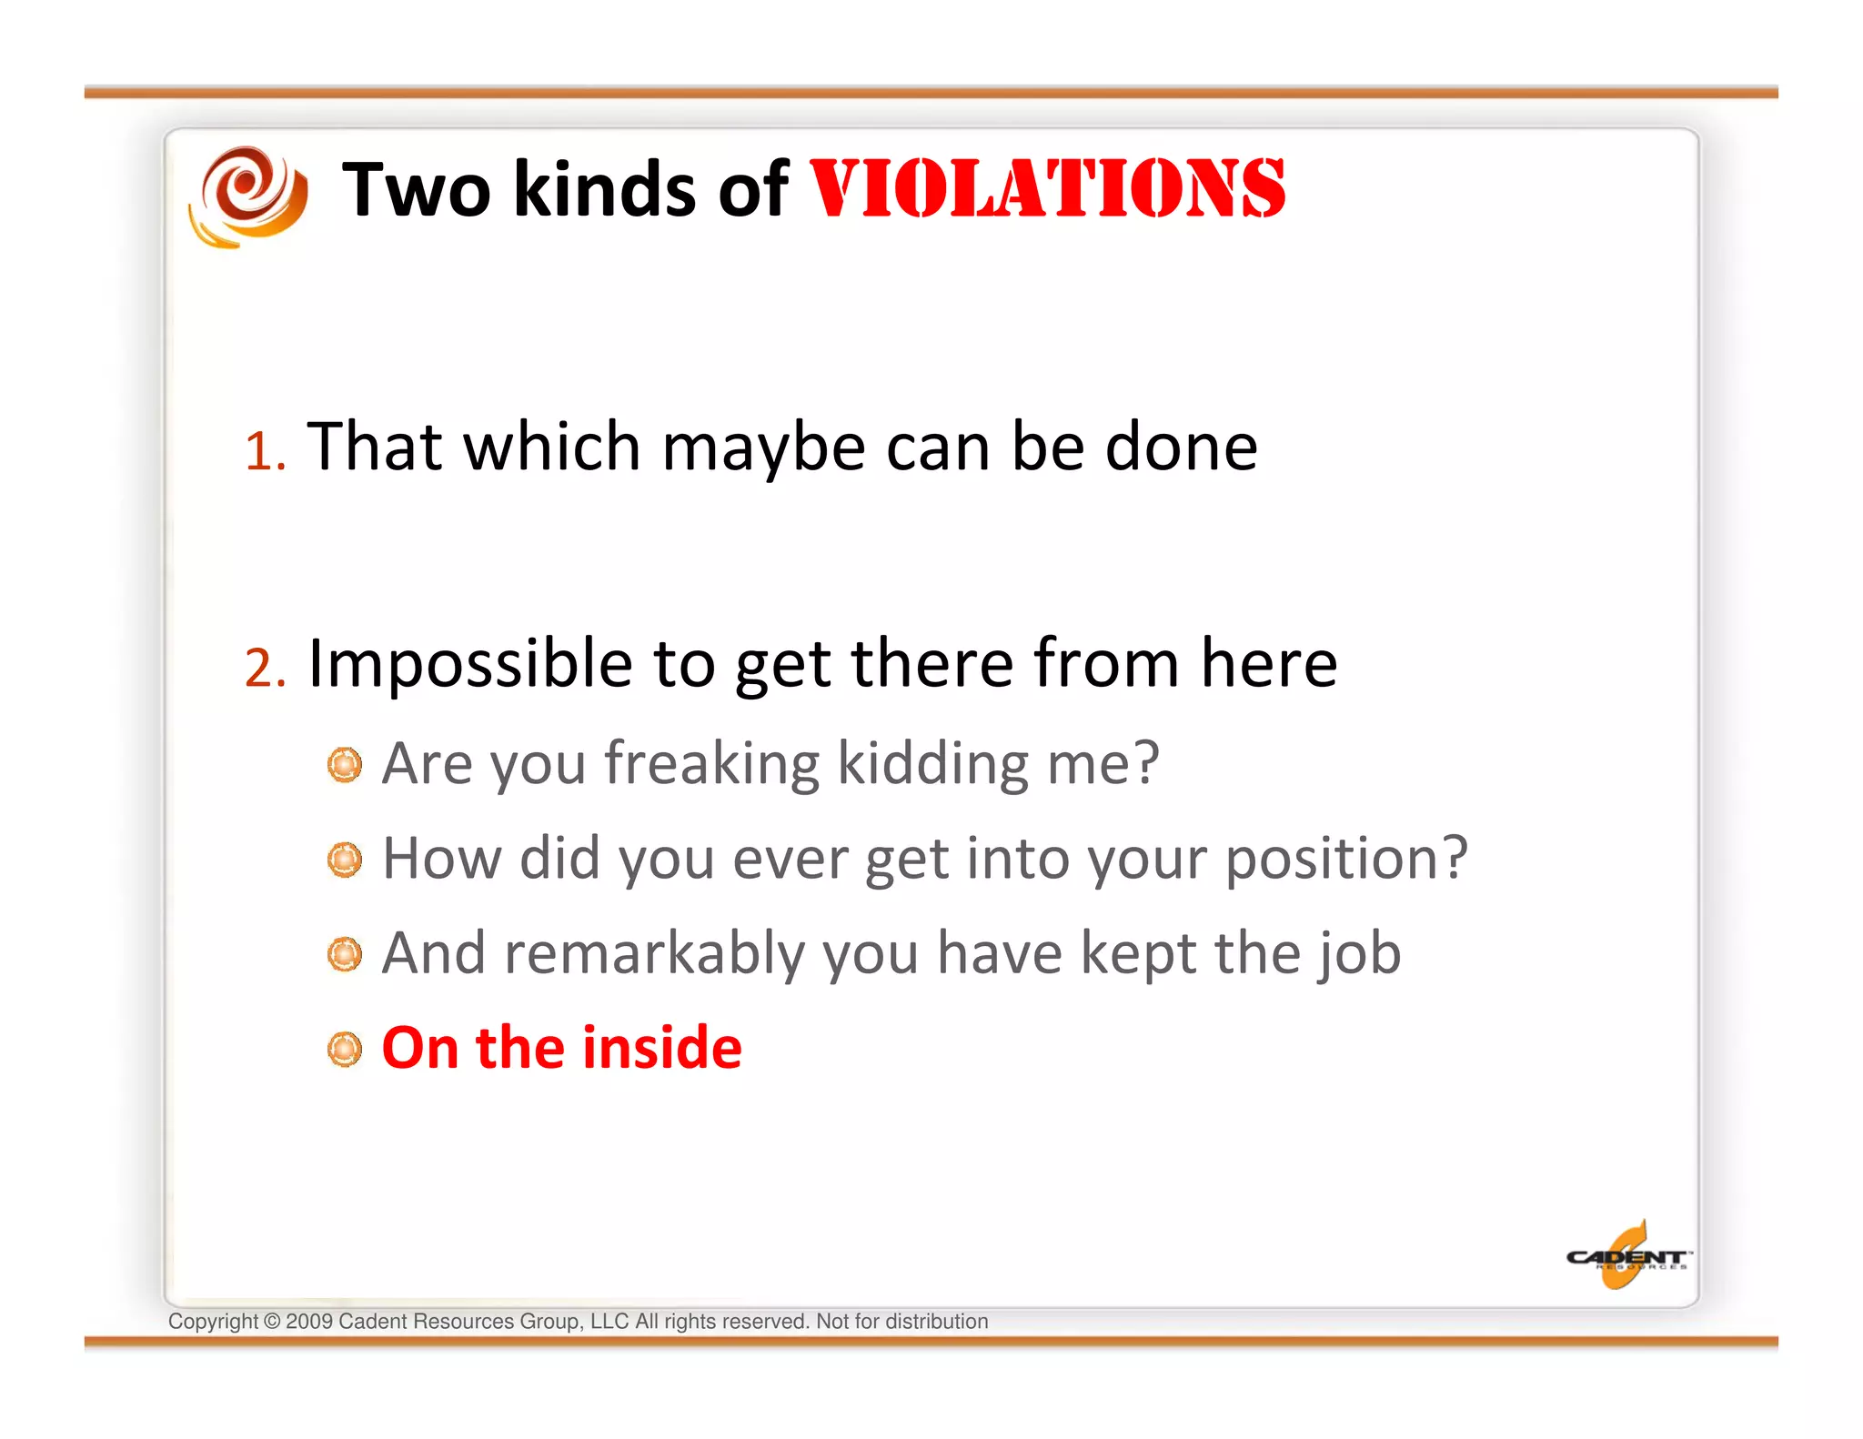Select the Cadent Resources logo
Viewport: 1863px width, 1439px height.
point(1626,1257)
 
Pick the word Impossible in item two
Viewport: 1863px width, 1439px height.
point(469,664)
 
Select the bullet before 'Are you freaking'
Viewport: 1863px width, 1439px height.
point(345,765)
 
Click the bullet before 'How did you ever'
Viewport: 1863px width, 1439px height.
point(345,860)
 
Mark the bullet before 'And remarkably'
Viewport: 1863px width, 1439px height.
point(345,954)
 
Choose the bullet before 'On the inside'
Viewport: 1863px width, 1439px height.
point(345,1049)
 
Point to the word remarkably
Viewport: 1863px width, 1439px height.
point(655,953)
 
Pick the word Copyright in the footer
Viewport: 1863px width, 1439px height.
point(213,1322)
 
